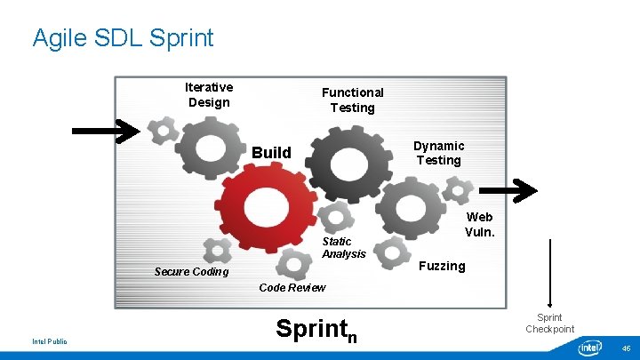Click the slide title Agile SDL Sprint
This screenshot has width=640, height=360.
coord(123,38)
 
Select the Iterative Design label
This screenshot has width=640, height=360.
coord(209,94)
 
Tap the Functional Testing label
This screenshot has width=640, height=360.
coord(352,100)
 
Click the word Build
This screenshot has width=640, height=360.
coord(271,153)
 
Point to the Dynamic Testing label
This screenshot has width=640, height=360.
coord(438,153)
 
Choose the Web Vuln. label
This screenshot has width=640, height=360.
coord(479,224)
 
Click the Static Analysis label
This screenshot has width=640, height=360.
coord(343,247)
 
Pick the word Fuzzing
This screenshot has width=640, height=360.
coord(442,266)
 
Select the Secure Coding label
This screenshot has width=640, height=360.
coord(191,271)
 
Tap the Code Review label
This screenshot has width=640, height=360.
coord(292,287)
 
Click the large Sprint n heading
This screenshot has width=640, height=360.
coord(316,329)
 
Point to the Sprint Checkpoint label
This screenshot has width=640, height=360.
coord(549,323)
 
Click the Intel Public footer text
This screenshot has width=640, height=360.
coord(50,341)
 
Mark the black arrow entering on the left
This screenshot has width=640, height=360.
coord(105,131)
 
